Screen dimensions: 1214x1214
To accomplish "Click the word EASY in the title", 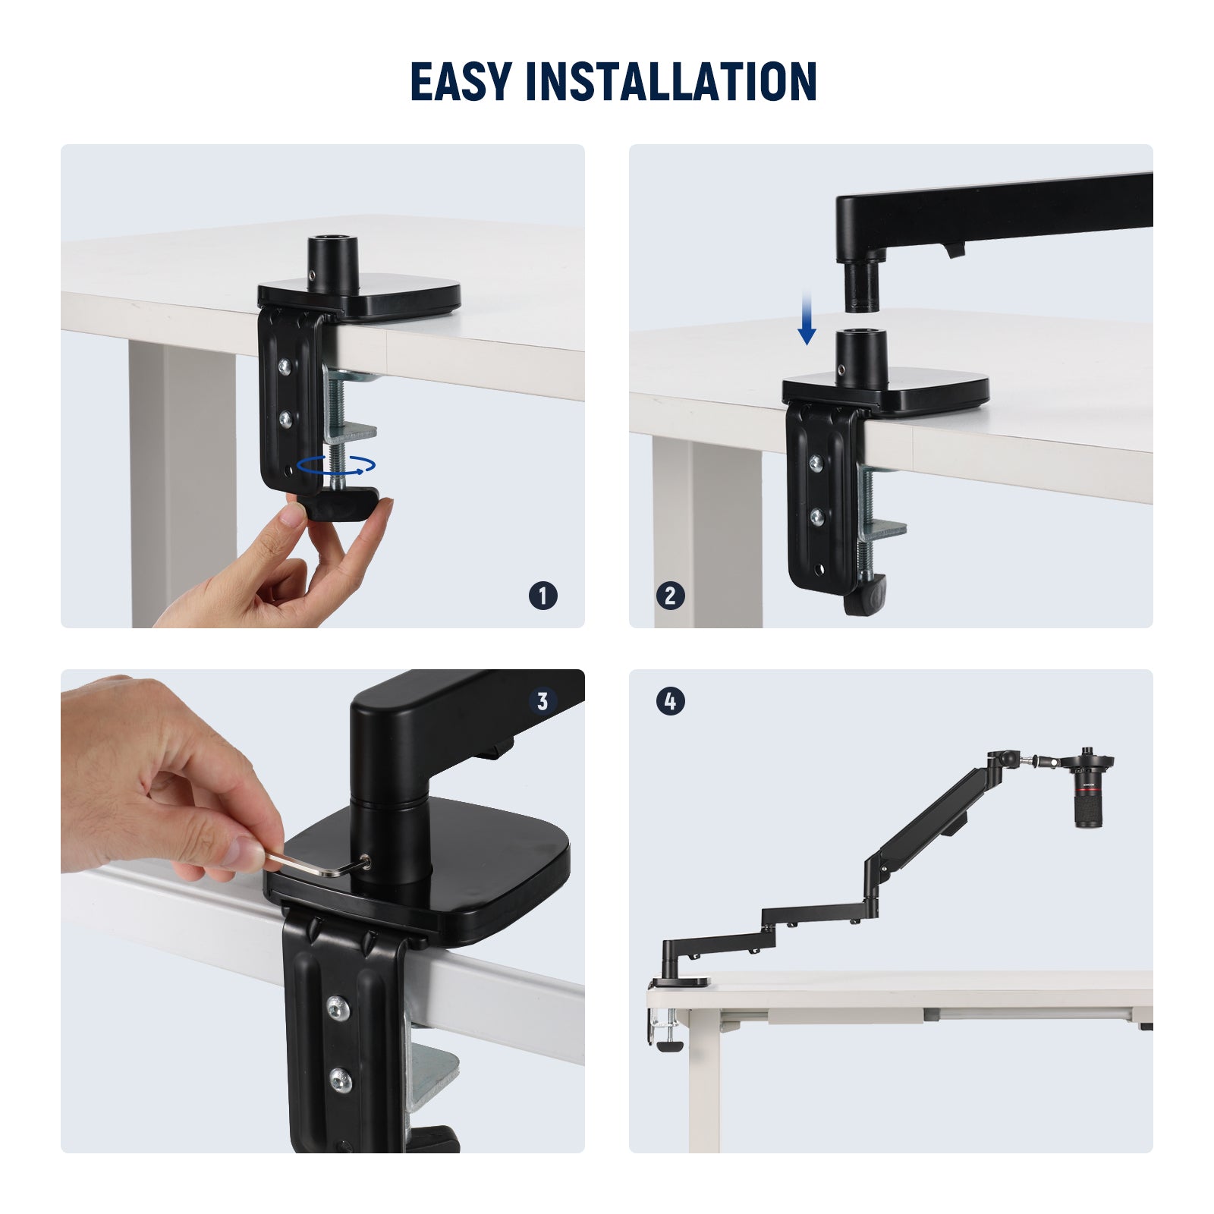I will click(x=461, y=82).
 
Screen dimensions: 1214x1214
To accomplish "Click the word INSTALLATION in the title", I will click(x=671, y=82).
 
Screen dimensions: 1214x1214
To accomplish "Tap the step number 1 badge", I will click(x=543, y=596).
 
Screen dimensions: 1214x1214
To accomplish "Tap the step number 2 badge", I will click(x=670, y=596).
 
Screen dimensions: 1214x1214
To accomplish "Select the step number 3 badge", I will click(x=543, y=701).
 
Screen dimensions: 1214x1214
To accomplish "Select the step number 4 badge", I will click(x=670, y=701).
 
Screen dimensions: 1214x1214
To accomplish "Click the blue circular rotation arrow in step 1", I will click(x=335, y=465).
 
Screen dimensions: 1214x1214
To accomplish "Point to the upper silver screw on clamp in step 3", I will click(x=338, y=1008).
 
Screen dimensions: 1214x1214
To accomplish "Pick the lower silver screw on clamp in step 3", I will click(x=341, y=1079).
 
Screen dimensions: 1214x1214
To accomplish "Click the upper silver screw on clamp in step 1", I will click(x=285, y=366).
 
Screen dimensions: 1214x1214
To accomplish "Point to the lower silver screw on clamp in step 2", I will click(x=817, y=517).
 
